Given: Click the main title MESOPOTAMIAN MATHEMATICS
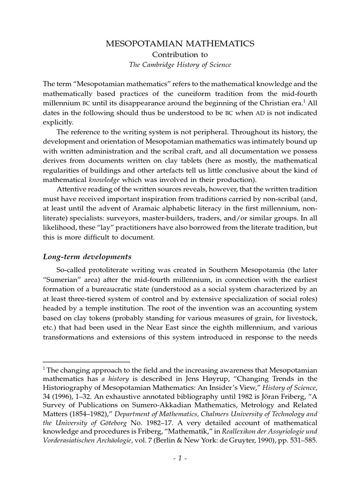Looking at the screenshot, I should (x=180, y=44).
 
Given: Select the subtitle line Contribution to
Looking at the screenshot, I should (x=180, y=54).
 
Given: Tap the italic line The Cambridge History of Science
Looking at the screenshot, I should (x=180, y=65).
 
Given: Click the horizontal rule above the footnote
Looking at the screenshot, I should (x=86, y=362).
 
